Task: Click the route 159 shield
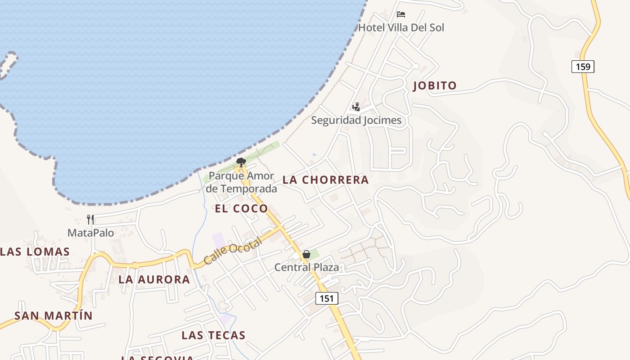[583, 67]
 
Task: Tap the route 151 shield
[327, 298]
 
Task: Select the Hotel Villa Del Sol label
[401, 27]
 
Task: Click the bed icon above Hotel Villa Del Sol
[401, 14]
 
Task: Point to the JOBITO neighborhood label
[435, 85]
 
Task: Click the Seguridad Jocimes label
[356, 120]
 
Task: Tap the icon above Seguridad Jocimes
[356, 107]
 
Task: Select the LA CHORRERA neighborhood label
[325, 180]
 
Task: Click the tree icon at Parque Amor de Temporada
[241, 162]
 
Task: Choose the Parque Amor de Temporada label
[242, 182]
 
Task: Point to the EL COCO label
[241, 208]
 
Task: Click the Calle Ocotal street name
[233, 251]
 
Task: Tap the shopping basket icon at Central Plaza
[306, 254]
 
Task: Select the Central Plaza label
[306, 267]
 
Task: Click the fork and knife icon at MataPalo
[90, 220]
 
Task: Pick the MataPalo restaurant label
[90, 233]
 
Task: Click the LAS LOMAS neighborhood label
[35, 252]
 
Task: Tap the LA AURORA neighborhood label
[154, 279]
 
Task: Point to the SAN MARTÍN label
[53, 315]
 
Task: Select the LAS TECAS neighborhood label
[213, 335]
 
